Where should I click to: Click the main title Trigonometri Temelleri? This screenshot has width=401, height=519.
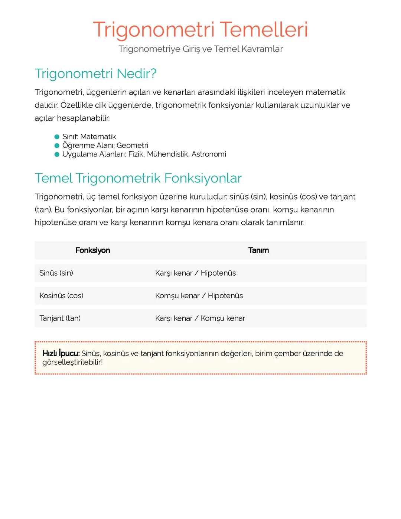tap(200, 29)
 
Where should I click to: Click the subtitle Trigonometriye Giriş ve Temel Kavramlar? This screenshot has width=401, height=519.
tap(200, 49)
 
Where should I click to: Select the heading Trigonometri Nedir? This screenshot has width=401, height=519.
tap(95, 74)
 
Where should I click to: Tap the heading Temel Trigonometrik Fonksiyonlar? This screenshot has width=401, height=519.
tap(138, 178)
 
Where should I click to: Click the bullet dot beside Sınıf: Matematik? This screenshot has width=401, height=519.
tap(57, 137)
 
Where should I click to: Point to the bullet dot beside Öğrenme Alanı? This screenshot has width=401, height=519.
tap(57, 146)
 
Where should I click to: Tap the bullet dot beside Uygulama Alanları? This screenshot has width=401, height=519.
tap(57, 155)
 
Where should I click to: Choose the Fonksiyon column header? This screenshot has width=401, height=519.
tap(92, 250)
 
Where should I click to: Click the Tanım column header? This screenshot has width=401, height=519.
tap(258, 250)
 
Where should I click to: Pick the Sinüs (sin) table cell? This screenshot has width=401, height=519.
tap(56, 273)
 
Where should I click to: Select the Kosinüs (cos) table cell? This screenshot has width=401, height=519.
tap(61, 296)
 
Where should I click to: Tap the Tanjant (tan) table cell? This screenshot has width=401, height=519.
tap(60, 318)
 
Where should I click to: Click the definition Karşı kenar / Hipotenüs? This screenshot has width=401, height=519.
tap(195, 273)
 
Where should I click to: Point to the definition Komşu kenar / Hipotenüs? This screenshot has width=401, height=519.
tap(199, 296)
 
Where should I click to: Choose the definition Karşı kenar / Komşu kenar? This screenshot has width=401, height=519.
tap(200, 318)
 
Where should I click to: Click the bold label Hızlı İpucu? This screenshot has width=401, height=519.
tap(61, 353)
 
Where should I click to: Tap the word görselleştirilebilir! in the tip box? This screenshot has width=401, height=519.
tap(72, 362)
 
